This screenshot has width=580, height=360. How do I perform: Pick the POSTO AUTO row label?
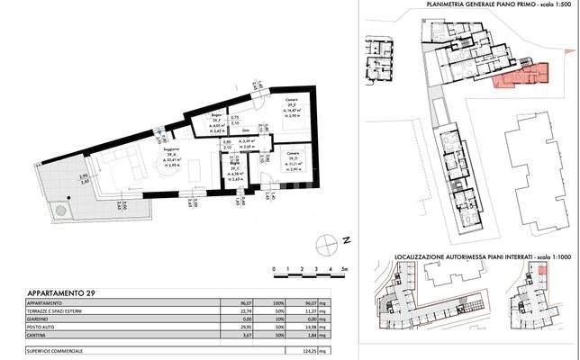(x=42, y=326)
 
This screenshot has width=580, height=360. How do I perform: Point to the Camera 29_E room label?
(x=291, y=105)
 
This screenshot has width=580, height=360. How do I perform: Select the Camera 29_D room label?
(x=294, y=158)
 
